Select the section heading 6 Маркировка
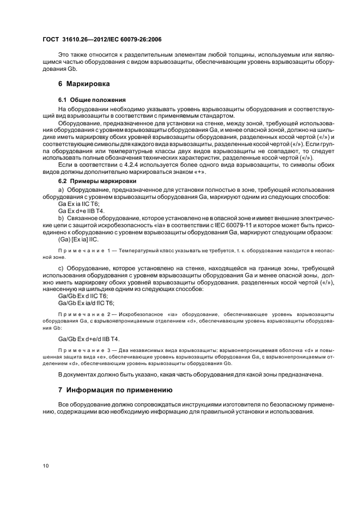pos(84,84)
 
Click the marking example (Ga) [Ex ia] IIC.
pos(82,239)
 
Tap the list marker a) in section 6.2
pos(61,189)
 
